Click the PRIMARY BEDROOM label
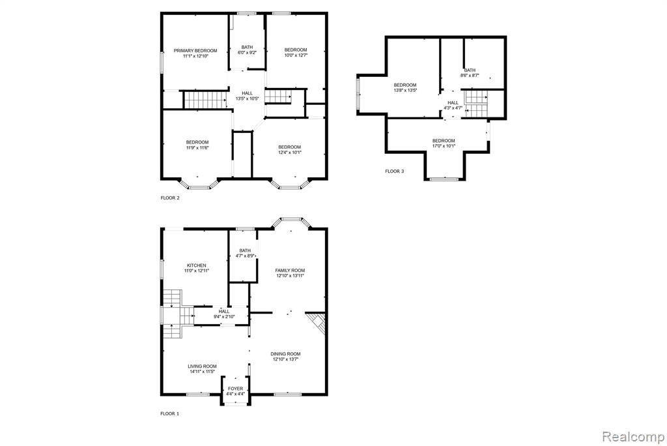pyautogui.click(x=195, y=51)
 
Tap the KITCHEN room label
pyautogui.click(x=197, y=265)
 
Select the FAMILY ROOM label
pyautogui.click(x=290, y=271)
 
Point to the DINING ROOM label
pyautogui.click(x=286, y=354)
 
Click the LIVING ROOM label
pyautogui.click(x=203, y=366)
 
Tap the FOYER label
pyautogui.click(x=236, y=389)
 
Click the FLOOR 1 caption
pyautogui.click(x=170, y=413)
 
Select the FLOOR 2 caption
pyautogui.click(x=170, y=198)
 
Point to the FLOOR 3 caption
pyautogui.click(x=395, y=171)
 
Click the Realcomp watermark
pyautogui.click(x=633, y=437)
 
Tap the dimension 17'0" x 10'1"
pyautogui.click(x=444, y=146)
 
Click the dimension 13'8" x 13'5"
pyautogui.click(x=405, y=90)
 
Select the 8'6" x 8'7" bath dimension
pyautogui.click(x=470, y=76)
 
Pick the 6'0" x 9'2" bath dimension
pyautogui.click(x=247, y=53)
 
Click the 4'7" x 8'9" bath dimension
pyautogui.click(x=246, y=256)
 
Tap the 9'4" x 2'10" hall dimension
pyautogui.click(x=224, y=317)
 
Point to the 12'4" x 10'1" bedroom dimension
pyautogui.click(x=290, y=153)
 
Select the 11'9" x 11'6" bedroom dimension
pyautogui.click(x=197, y=148)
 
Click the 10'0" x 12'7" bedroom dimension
pyautogui.click(x=296, y=55)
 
